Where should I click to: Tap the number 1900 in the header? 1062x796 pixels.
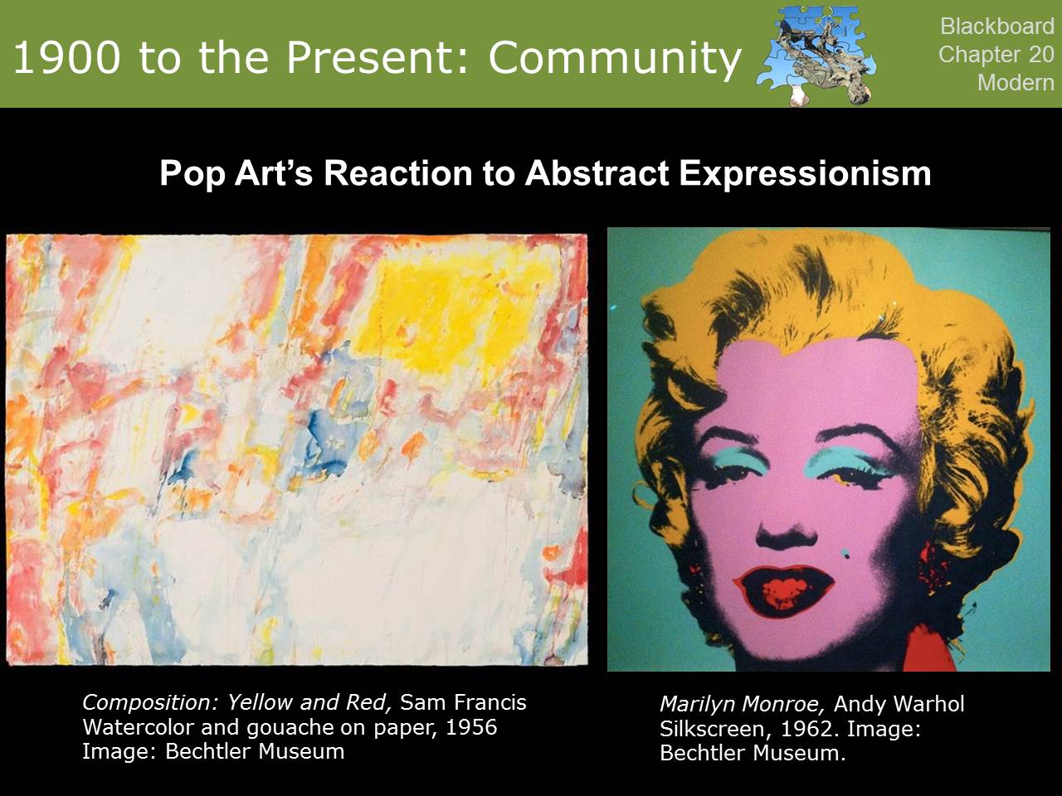coord(66,57)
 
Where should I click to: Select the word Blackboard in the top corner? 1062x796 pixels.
coord(996,26)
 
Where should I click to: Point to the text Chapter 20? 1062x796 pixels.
coord(996,54)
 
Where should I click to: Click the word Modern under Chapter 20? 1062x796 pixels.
coord(1016,82)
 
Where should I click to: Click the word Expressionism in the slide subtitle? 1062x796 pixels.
coord(805,173)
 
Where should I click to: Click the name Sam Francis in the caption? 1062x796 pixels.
coord(463,702)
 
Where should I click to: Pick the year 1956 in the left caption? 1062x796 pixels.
coord(471,727)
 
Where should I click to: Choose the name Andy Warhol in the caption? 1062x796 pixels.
coord(899,704)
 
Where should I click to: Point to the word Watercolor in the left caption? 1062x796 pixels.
coord(139,727)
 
